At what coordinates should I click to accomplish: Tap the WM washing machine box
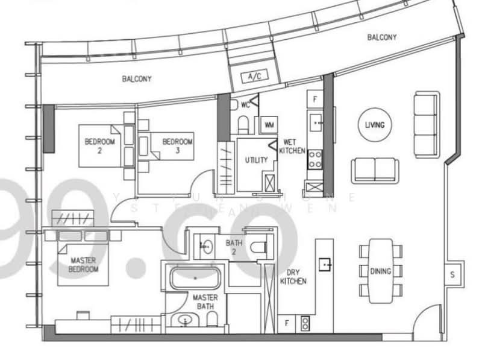coord(268,125)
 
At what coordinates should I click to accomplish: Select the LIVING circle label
coord(374,125)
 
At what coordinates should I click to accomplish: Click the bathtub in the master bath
coord(194,278)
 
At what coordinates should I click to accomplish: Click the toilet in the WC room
coord(243,124)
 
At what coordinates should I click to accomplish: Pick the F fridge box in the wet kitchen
coord(314,98)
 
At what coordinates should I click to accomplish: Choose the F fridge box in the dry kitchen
coord(287,323)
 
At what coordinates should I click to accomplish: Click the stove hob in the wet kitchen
coord(315,159)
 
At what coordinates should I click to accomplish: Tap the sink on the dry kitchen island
coord(325,264)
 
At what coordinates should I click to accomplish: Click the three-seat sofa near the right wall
coord(427,125)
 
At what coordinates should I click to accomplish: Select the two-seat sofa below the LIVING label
coord(374,169)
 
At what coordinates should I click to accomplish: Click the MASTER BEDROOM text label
coord(84,265)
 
